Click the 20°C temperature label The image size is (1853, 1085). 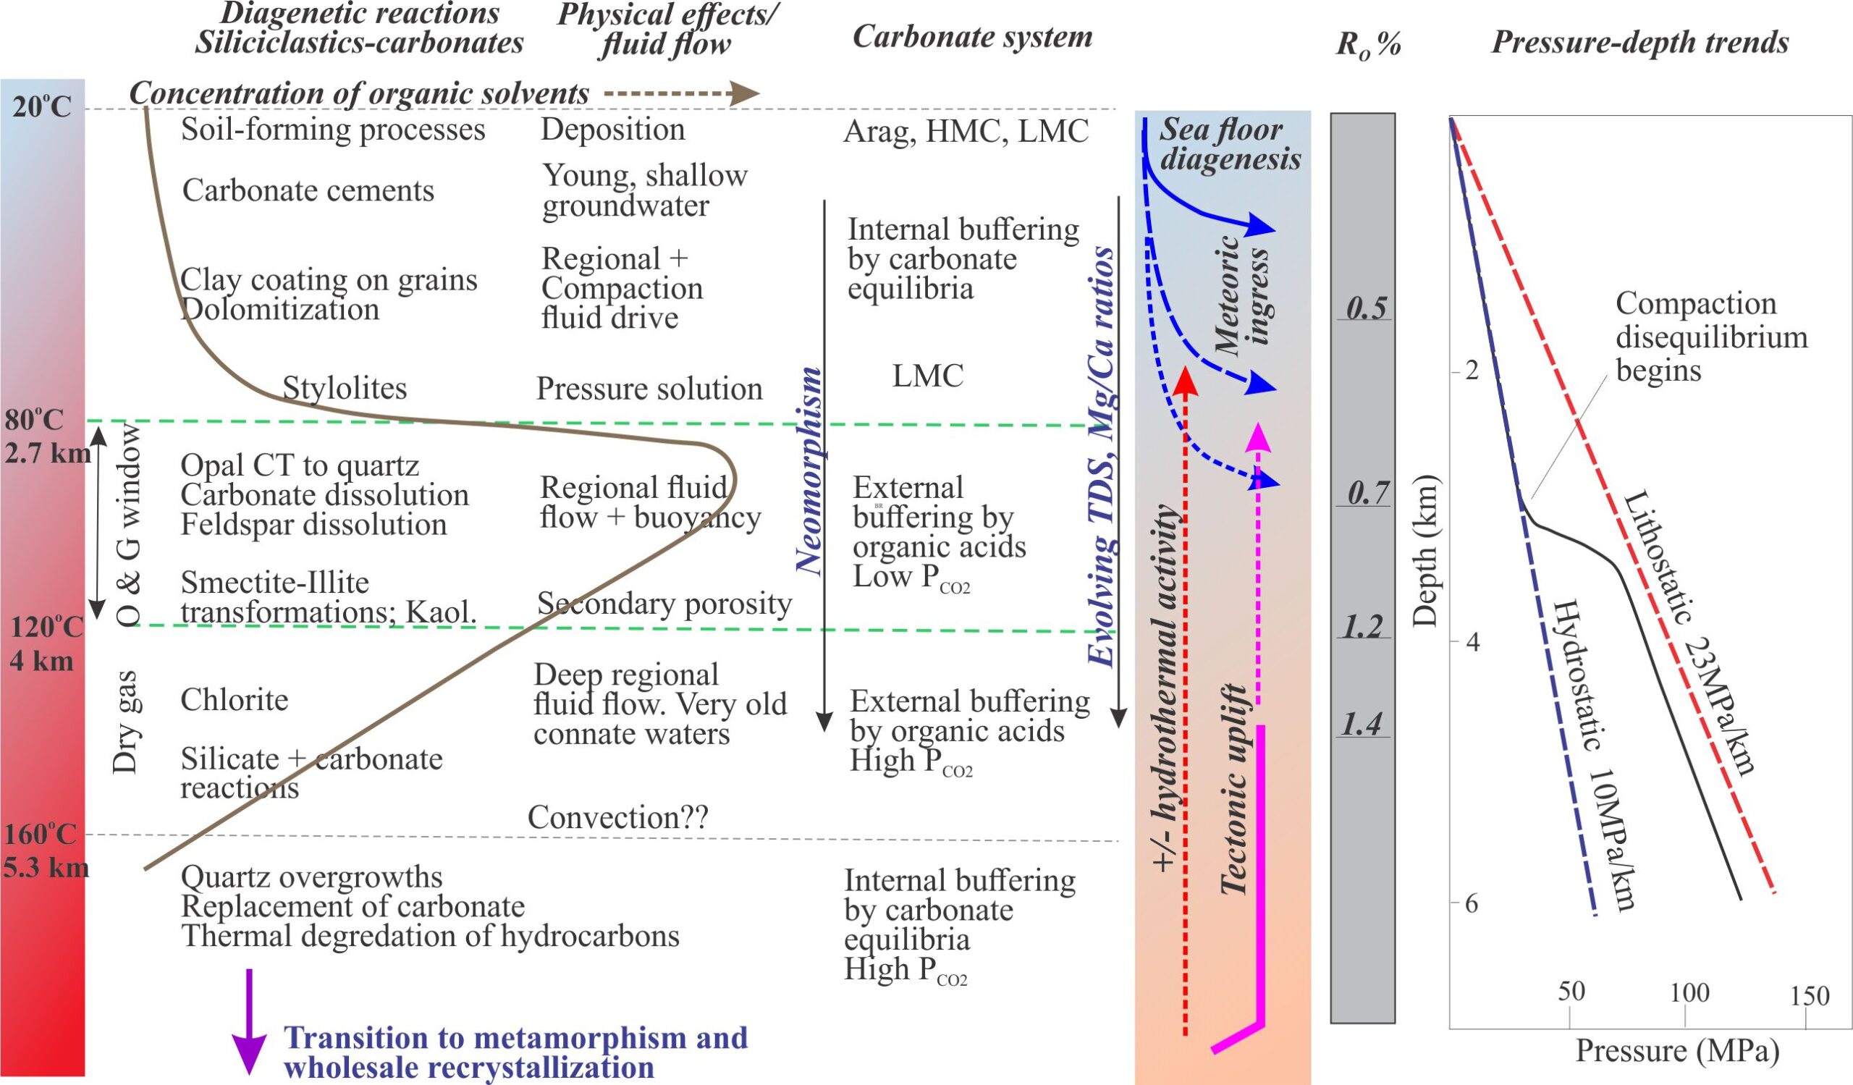(42, 107)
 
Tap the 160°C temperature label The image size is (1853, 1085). (41, 835)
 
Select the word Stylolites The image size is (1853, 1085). (344, 388)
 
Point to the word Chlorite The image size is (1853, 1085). (234, 699)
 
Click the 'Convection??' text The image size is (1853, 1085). (617, 817)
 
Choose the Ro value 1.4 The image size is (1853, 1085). (1362, 725)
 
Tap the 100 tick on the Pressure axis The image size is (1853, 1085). (1689, 993)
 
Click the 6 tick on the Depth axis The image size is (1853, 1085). (1471, 903)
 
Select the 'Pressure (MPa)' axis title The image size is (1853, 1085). (1677, 1051)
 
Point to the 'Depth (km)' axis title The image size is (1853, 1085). (1426, 551)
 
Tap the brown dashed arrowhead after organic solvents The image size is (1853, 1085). (746, 93)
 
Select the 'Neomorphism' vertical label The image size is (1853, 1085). (808, 470)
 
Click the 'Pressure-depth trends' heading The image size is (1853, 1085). (1639, 42)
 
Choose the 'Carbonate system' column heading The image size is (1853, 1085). (972, 37)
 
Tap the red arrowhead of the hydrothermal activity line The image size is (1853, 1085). (1185, 381)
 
